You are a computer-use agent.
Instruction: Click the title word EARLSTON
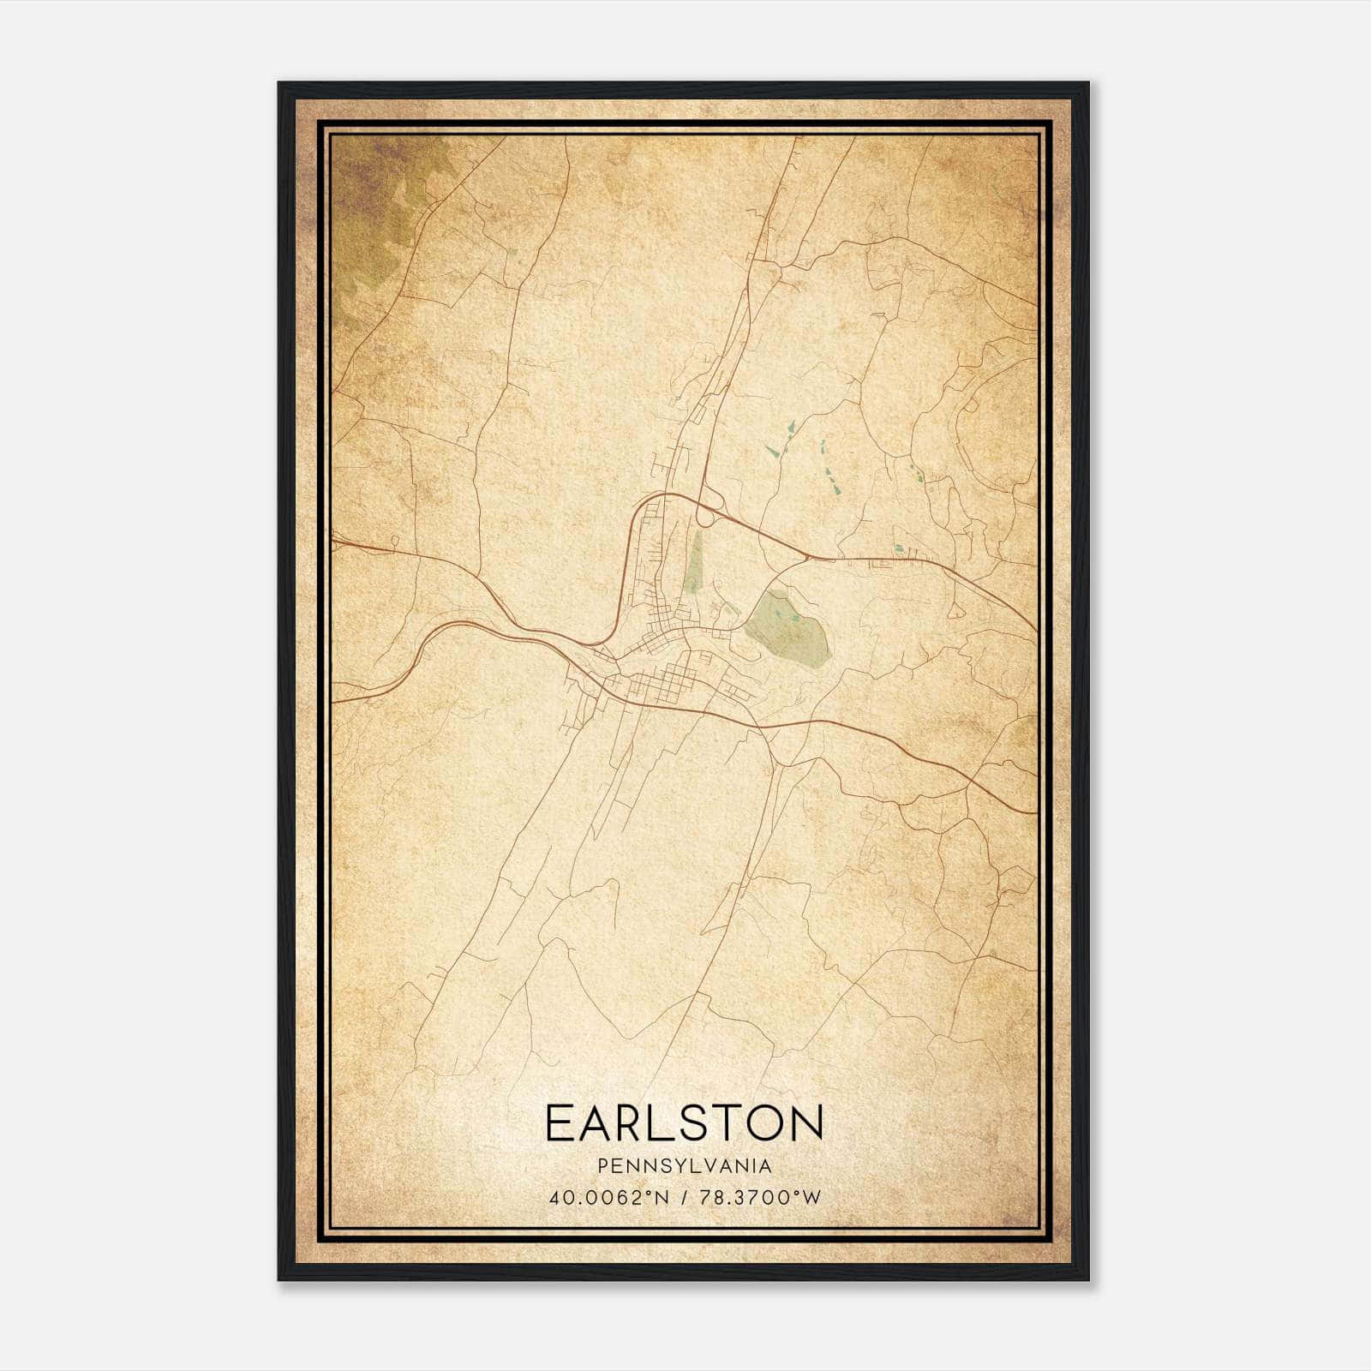684,1123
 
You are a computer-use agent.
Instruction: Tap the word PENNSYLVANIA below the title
685,1166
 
